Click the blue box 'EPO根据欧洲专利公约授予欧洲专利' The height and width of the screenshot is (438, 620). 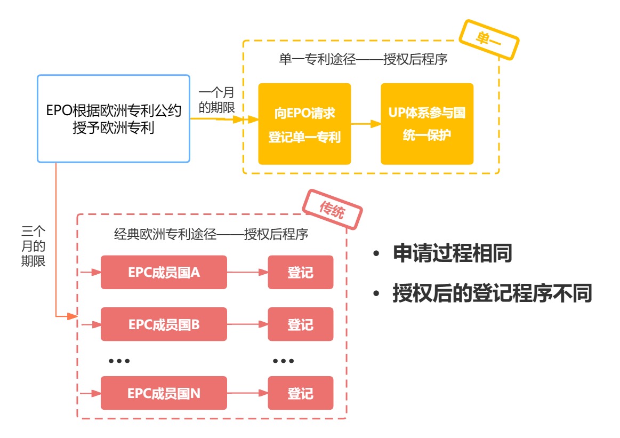pos(114,118)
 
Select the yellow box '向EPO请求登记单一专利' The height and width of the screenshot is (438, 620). pos(304,124)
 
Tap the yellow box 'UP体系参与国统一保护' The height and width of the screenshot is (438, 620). pos(427,124)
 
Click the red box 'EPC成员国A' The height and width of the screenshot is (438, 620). pos(164,272)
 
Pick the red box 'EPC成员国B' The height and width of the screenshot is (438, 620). pos(164,324)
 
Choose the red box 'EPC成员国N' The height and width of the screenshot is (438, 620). pos(164,393)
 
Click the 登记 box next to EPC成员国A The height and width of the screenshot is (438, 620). pos(301,272)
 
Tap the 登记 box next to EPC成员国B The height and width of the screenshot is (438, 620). pos(301,324)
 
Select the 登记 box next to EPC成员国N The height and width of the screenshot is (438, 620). pos(301,393)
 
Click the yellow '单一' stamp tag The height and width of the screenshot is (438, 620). pos(489,40)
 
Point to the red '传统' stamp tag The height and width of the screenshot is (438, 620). pos(332,210)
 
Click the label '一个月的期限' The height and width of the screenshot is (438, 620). pos(216,100)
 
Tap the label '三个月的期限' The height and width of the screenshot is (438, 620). pos(33,246)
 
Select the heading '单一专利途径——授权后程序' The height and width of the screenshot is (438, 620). pos(363,59)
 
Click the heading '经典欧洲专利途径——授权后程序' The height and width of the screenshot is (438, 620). pos(211,234)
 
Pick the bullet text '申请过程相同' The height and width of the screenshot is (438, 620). pos(453,253)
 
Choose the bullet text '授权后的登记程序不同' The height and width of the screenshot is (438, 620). pos(492,293)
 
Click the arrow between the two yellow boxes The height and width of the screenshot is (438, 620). pos(366,124)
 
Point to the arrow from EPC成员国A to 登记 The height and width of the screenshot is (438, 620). pos(247,272)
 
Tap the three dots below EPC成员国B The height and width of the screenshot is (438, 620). pos(119,361)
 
